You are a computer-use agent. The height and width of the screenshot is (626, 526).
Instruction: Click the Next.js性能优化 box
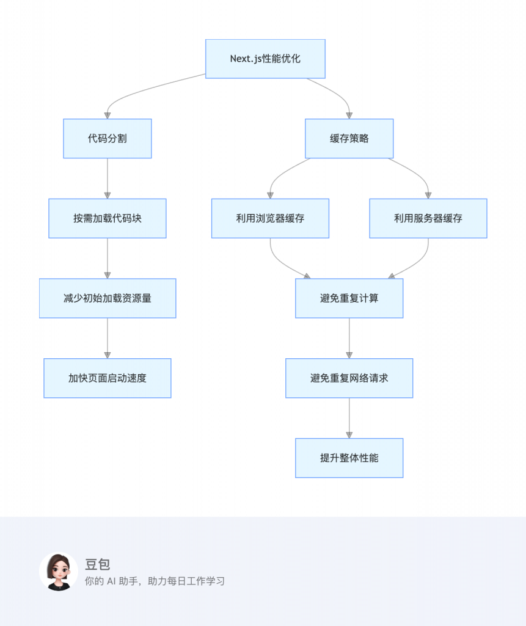click(x=265, y=59)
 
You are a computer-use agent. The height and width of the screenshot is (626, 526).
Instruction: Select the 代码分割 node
click(x=108, y=139)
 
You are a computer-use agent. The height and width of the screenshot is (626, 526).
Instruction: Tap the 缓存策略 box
click(x=349, y=139)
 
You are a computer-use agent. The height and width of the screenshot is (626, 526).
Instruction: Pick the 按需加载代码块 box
click(x=108, y=218)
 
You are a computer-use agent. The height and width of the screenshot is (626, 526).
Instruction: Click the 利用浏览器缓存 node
click(x=270, y=218)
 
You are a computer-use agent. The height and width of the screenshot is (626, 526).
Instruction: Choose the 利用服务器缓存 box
click(x=428, y=218)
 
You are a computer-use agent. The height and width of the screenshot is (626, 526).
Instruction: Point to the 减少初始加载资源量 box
click(x=108, y=298)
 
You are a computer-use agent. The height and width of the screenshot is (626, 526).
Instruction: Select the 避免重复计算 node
click(x=349, y=298)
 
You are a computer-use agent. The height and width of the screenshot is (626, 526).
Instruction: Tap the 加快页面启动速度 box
click(x=108, y=378)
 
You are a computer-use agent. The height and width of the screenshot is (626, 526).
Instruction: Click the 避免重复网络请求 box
click(x=349, y=378)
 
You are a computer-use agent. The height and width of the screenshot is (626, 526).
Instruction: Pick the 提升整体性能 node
click(x=349, y=458)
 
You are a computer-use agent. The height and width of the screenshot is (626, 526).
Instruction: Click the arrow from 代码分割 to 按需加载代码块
click(x=108, y=179)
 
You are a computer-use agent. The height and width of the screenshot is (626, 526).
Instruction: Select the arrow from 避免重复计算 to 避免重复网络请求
click(x=349, y=338)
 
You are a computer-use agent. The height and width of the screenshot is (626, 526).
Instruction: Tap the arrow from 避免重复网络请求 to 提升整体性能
click(x=349, y=418)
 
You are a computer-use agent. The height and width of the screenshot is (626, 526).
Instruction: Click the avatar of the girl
click(x=59, y=572)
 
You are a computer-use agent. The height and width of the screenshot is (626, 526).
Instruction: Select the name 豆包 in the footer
click(x=98, y=564)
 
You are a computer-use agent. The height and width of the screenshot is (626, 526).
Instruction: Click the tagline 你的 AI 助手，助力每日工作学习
click(x=155, y=581)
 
